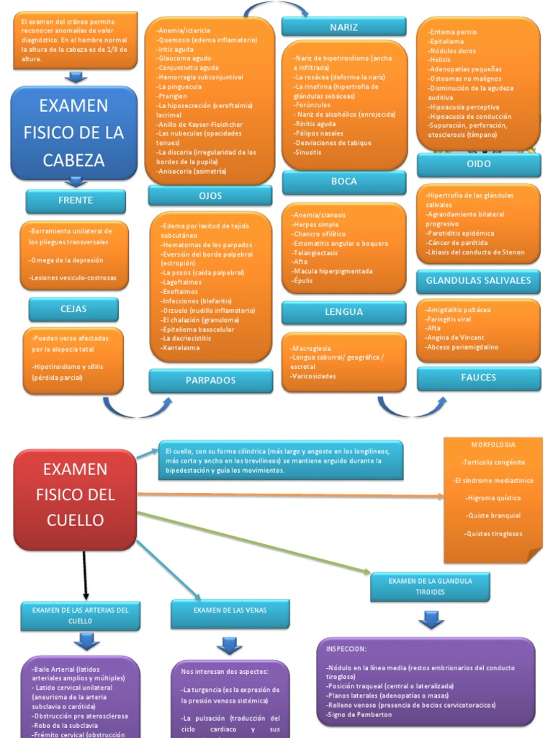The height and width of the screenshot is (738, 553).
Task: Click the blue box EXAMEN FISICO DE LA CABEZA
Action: click(74, 133)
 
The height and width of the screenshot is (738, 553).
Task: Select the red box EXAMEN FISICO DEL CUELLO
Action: click(75, 494)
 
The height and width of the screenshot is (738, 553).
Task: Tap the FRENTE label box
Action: click(76, 200)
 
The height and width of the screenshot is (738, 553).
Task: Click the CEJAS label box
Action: click(73, 309)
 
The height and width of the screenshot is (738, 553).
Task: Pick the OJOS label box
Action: click(210, 195)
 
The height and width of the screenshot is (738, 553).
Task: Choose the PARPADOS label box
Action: click(210, 380)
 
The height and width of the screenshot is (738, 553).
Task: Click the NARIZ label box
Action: click(343, 27)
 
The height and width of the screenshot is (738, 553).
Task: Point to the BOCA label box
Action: click(344, 182)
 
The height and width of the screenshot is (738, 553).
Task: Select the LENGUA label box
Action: click(343, 312)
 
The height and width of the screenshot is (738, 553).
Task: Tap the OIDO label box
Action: click(478, 164)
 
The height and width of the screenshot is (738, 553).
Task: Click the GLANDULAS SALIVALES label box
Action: click(478, 280)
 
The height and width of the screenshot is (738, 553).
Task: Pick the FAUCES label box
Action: click(478, 377)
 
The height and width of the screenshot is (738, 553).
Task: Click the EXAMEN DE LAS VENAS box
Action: click(230, 611)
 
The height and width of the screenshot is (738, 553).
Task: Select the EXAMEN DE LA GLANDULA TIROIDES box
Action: click(431, 586)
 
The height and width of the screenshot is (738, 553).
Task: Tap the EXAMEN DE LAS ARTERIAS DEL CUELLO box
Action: click(80, 614)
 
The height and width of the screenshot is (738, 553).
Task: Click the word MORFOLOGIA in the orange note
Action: click(494, 445)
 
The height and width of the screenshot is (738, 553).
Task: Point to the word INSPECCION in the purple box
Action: click(346, 649)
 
